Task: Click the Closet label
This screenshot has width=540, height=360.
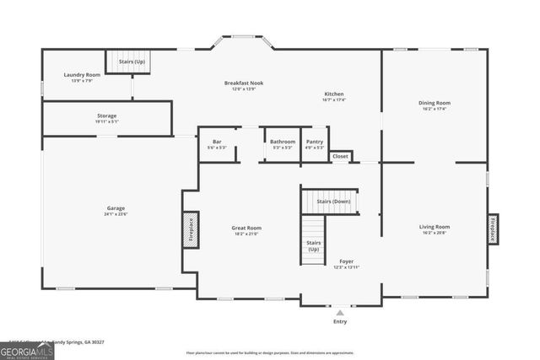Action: [340, 156]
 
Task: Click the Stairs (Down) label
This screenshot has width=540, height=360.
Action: [334, 202]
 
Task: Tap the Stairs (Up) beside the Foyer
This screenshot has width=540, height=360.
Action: [313, 245]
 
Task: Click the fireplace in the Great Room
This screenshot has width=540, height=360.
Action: [191, 228]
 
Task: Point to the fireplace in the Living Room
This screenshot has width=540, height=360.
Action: [493, 228]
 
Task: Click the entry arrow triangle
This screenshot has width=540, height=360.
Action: [340, 312]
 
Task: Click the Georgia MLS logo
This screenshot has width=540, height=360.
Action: [27, 349]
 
